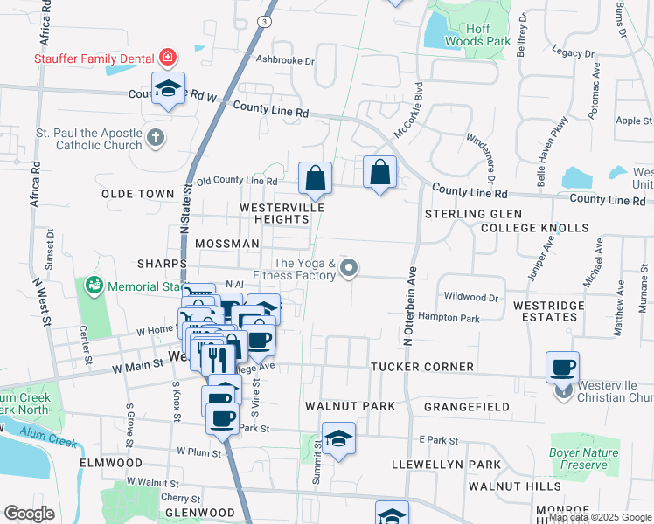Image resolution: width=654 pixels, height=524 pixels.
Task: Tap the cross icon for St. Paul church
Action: click(x=155, y=137)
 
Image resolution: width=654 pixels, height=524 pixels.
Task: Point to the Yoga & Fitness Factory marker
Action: click(x=349, y=268)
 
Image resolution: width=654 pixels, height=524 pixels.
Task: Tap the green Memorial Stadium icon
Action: click(x=93, y=285)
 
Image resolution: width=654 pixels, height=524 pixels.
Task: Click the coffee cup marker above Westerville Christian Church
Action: click(x=563, y=367)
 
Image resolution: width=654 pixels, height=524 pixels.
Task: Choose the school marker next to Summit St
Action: click(x=338, y=438)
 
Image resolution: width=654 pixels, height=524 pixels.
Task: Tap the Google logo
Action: click(x=29, y=514)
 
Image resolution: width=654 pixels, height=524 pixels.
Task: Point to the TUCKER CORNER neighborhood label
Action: click(x=422, y=367)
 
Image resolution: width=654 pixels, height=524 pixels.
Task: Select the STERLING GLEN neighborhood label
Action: click(x=473, y=214)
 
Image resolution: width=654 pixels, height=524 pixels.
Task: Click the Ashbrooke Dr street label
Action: click(x=284, y=60)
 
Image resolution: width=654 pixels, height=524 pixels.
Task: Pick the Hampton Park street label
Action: click(x=449, y=319)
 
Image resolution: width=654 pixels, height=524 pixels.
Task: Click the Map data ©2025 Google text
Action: click(x=600, y=517)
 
